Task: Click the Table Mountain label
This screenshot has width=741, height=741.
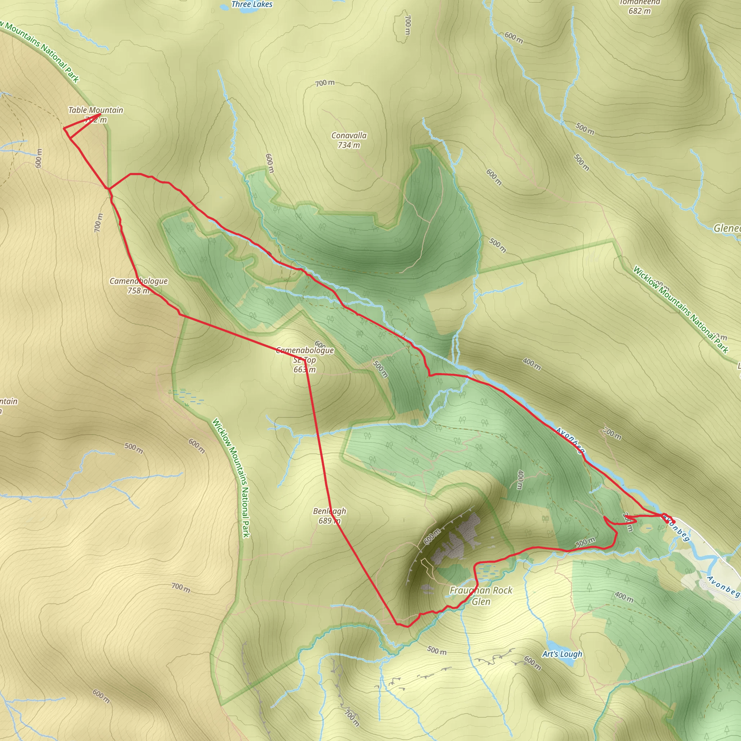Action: click(96, 110)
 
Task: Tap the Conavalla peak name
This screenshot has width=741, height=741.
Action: click(349, 135)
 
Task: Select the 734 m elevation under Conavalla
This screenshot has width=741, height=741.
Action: click(349, 145)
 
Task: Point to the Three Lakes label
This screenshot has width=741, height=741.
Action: click(252, 4)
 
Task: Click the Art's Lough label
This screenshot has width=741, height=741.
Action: click(562, 654)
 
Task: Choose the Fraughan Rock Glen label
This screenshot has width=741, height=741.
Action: click(481, 596)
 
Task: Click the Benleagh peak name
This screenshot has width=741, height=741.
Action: click(330, 511)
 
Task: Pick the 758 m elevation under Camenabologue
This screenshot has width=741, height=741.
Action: click(139, 291)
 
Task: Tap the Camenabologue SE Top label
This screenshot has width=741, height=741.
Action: click(305, 355)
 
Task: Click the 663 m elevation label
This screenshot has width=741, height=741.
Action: click(305, 370)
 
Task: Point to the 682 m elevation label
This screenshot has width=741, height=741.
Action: click(639, 11)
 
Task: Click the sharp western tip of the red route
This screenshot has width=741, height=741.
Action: click(64, 128)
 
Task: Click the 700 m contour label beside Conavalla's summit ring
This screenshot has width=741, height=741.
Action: click(325, 83)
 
